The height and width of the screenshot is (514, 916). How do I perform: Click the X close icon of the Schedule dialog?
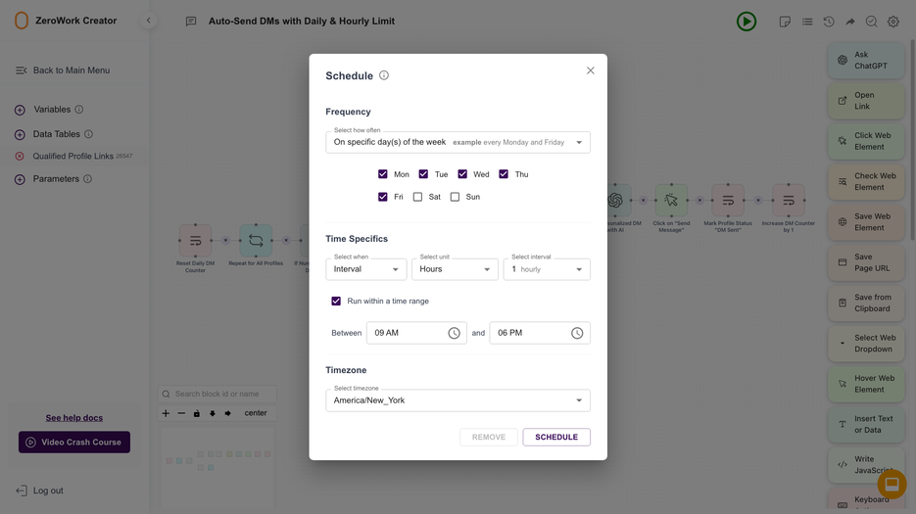pyautogui.click(x=590, y=70)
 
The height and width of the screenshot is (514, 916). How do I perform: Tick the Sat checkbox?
pyautogui.click(x=417, y=197)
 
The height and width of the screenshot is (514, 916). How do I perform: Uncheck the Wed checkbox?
pyautogui.click(x=462, y=174)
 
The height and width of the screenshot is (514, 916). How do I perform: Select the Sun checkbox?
pyautogui.click(x=455, y=197)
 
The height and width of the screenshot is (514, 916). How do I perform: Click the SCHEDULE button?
pyautogui.click(x=556, y=437)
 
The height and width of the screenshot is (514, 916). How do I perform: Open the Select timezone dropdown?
pyautogui.click(x=458, y=400)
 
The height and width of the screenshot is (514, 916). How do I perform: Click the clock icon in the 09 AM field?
pyautogui.click(x=454, y=333)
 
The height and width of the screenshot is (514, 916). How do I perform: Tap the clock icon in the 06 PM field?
pyautogui.click(x=577, y=333)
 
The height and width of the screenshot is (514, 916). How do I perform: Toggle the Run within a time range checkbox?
pyautogui.click(x=336, y=302)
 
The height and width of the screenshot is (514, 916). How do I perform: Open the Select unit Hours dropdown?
pyautogui.click(x=455, y=269)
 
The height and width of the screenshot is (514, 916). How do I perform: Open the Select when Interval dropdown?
pyautogui.click(x=365, y=269)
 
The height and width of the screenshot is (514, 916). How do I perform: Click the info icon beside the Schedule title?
pyautogui.click(x=384, y=75)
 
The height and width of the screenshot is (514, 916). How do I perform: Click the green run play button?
pyautogui.click(x=747, y=22)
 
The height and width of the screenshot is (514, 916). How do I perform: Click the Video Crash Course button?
pyautogui.click(x=74, y=443)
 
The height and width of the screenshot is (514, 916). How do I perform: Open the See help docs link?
pyautogui.click(x=74, y=418)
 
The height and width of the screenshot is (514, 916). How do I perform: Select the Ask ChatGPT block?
pyautogui.click(x=865, y=61)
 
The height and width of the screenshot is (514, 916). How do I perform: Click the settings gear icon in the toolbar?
pyautogui.click(x=893, y=22)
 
